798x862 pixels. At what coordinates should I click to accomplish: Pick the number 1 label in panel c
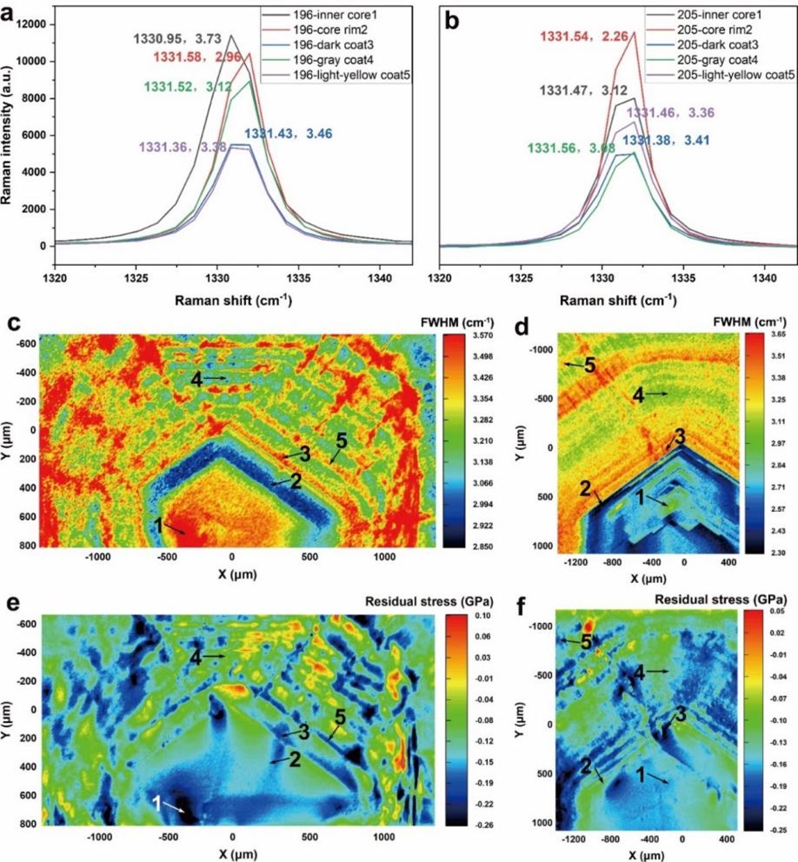coord(158,524)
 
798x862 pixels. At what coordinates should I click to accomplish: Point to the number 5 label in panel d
coord(590,367)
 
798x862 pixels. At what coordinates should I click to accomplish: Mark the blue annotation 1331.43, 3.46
coord(287,134)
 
